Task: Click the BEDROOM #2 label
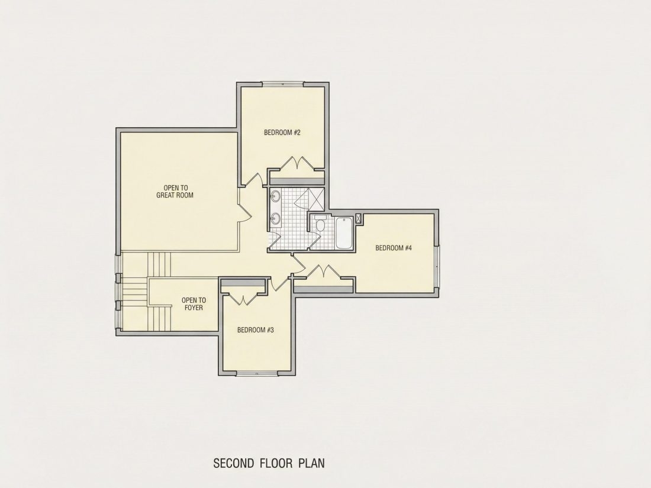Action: [x=282, y=132]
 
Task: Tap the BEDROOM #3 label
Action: [x=255, y=330]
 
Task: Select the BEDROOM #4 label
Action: [x=394, y=248]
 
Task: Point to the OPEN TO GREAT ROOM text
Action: [x=175, y=191]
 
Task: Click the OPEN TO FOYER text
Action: [x=194, y=304]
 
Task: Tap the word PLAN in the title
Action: [x=311, y=463]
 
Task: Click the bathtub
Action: [x=344, y=233]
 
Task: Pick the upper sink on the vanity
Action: [x=275, y=197]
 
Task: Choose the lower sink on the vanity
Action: [x=275, y=218]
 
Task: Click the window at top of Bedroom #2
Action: [x=283, y=84]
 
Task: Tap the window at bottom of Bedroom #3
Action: [x=257, y=374]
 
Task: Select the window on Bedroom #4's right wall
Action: [x=437, y=266]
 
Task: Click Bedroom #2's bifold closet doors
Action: [x=297, y=163]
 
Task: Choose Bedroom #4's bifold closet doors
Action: [x=323, y=272]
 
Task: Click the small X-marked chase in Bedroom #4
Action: [x=358, y=219]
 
